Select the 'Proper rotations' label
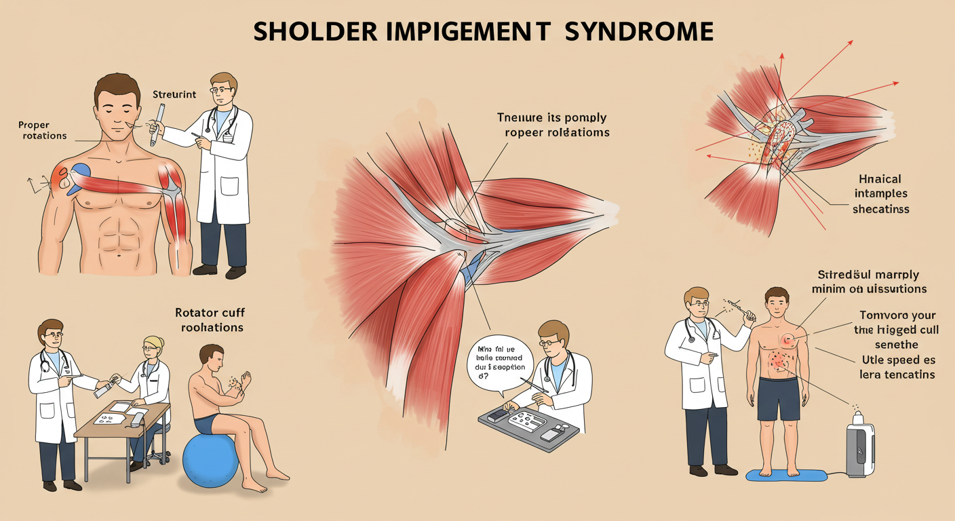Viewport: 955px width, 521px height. click(x=43, y=130)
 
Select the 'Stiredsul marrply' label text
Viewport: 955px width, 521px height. click(x=870, y=275)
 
